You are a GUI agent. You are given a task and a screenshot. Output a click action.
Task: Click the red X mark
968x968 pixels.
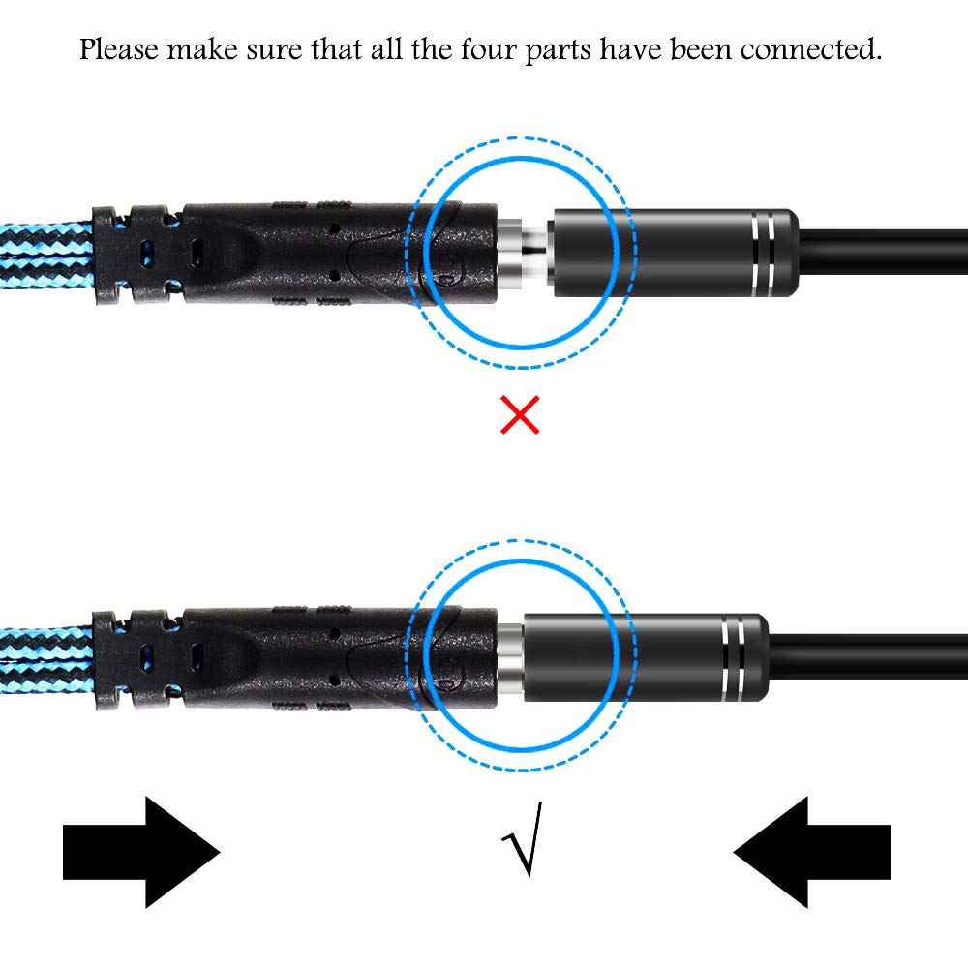(x=520, y=415)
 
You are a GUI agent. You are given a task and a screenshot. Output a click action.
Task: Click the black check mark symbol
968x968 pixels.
(x=524, y=838)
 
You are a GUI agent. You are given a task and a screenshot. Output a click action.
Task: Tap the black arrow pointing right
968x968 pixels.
(x=141, y=852)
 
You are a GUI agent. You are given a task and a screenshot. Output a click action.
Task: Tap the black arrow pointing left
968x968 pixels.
(x=811, y=852)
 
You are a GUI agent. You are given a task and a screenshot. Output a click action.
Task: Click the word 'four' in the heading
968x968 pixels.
(x=488, y=49)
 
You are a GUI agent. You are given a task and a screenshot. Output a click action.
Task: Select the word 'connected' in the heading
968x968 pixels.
(x=811, y=49)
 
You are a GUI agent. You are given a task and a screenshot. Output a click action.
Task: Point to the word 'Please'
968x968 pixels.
(x=119, y=50)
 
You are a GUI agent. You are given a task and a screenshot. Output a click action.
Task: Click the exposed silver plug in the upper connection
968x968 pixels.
(x=525, y=252)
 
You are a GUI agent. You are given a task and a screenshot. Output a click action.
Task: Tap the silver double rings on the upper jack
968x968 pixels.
(x=764, y=253)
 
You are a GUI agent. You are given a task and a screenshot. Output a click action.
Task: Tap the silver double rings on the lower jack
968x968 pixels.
(x=734, y=657)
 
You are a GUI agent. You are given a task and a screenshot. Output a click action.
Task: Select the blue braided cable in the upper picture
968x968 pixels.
(x=46, y=256)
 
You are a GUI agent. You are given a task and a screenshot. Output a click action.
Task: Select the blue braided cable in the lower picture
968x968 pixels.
(x=46, y=659)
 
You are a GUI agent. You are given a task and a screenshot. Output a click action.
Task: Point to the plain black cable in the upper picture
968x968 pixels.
(x=883, y=252)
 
